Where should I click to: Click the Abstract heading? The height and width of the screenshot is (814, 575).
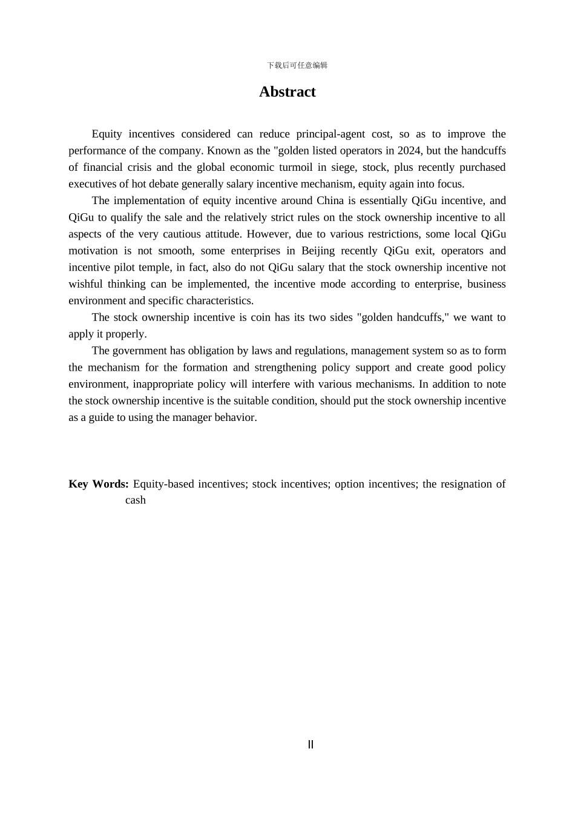(x=287, y=91)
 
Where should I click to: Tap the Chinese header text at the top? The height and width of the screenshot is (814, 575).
(x=297, y=65)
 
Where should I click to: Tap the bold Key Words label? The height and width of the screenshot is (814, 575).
(x=98, y=484)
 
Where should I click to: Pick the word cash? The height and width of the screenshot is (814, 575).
(x=136, y=500)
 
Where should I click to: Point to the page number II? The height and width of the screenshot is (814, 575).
(x=310, y=744)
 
